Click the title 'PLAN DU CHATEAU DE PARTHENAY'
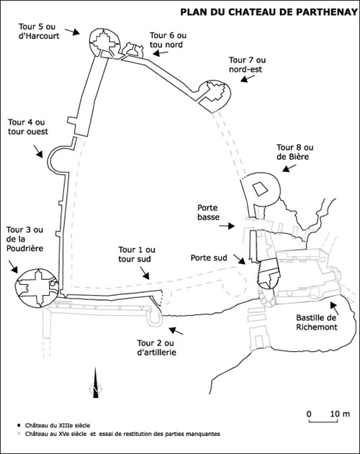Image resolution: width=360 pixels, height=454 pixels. [269, 12]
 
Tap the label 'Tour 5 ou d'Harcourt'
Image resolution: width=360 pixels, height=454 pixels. [39, 31]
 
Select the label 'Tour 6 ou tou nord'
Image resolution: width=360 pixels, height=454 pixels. [168, 40]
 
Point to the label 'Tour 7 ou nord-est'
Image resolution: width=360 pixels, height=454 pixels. [247, 65]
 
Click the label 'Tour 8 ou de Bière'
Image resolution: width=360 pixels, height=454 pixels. [294, 152]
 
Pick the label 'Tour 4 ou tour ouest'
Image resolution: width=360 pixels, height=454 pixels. [28, 127]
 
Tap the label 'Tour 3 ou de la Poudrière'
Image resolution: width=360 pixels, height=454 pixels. [25, 239]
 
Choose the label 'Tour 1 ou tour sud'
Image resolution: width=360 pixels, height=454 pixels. [137, 254]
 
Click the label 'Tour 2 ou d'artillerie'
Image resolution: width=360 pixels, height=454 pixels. [156, 348]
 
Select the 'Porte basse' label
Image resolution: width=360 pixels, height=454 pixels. [208, 212]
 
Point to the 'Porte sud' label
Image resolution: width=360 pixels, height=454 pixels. [209, 258]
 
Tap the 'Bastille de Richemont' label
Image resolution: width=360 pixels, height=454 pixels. [317, 322]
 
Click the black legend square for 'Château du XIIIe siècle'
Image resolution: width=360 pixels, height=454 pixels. [19, 425]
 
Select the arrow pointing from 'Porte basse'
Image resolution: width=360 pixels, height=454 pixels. [227, 226]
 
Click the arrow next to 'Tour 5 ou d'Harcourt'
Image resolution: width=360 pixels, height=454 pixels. [72, 32]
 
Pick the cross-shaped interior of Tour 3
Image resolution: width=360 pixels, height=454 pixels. [37, 288]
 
